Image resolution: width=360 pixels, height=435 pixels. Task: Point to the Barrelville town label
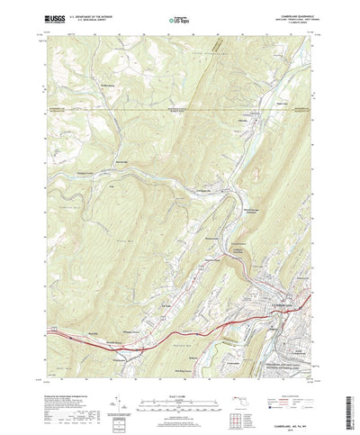(x=125, y=162)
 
